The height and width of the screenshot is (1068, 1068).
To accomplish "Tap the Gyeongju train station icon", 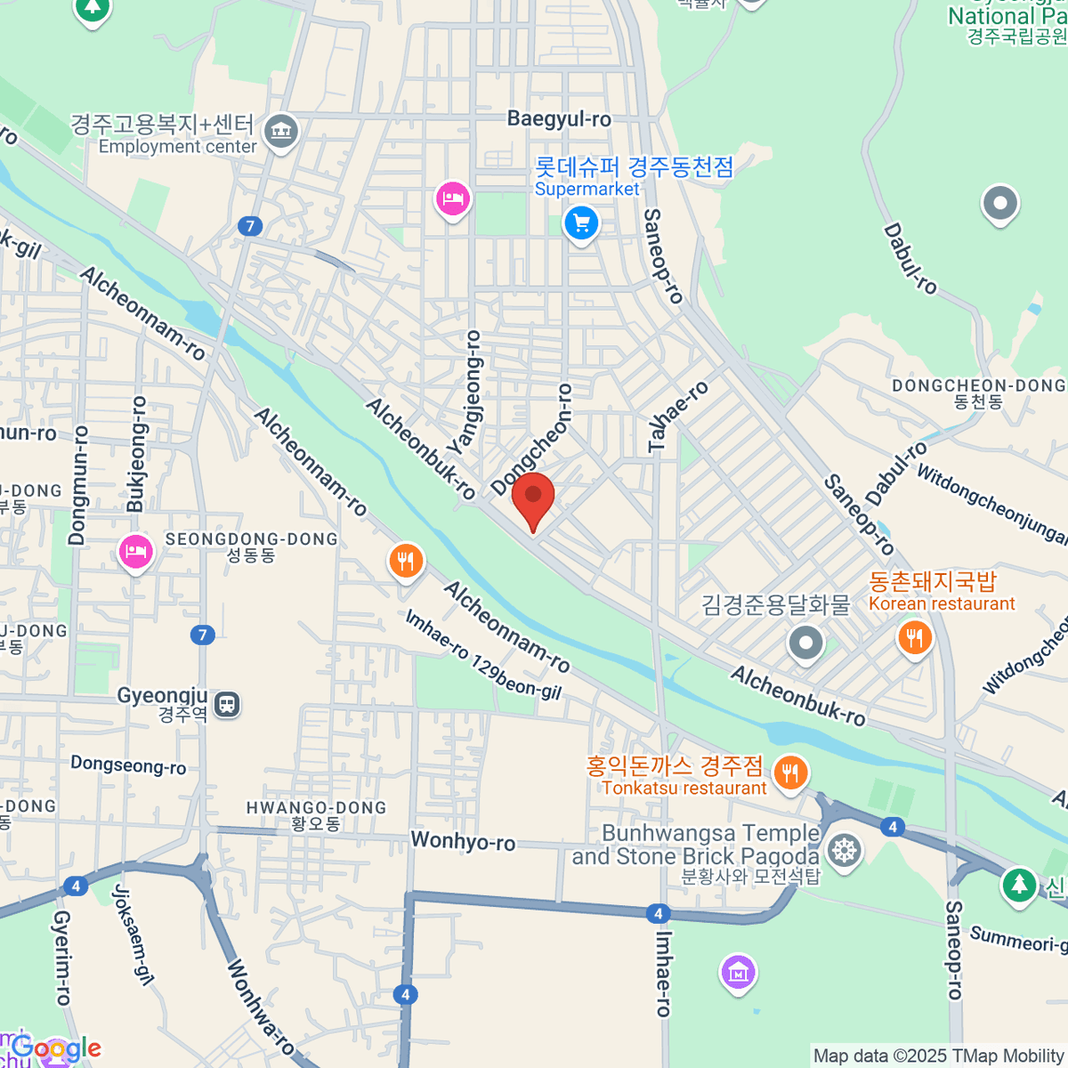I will click(x=227, y=705).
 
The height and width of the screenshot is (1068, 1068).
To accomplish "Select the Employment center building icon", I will click(x=281, y=132).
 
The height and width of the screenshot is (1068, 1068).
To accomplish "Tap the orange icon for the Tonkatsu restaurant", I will click(x=789, y=772).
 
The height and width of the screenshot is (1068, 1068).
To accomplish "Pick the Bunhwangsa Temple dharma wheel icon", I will click(x=843, y=850).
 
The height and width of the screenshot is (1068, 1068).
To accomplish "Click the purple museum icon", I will click(x=739, y=972).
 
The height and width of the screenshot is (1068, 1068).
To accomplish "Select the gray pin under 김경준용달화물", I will click(x=805, y=641).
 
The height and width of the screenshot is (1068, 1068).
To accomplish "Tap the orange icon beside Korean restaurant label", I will click(x=914, y=637).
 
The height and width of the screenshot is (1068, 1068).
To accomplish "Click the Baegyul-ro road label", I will click(x=559, y=118).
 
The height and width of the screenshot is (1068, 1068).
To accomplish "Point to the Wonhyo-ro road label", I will click(x=463, y=841).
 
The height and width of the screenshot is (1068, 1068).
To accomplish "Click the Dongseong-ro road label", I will click(x=128, y=765).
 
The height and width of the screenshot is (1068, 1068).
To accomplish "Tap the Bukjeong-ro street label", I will click(x=136, y=454).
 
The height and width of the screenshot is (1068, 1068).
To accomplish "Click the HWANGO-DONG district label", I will click(x=316, y=808).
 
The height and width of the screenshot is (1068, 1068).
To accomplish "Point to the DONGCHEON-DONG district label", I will click(x=978, y=385).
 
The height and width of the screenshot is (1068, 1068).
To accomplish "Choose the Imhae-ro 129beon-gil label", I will click(x=483, y=654).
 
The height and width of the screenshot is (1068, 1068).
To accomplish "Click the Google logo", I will click(x=56, y=1048).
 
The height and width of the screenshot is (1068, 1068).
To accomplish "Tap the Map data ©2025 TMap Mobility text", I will click(x=939, y=1056).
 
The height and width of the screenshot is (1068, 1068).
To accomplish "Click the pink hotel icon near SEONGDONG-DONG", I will click(x=134, y=553).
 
